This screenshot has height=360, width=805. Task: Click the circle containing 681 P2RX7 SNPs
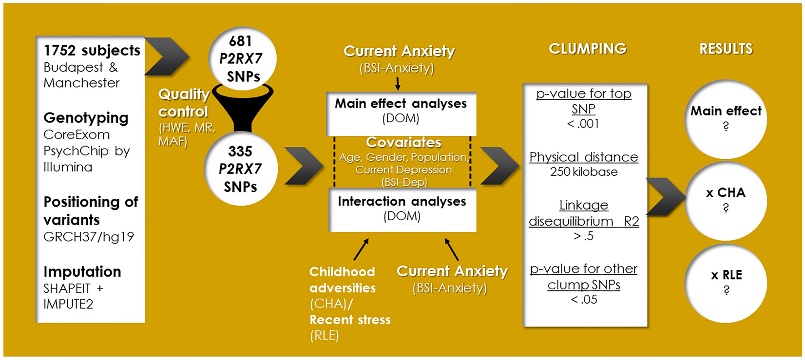242,59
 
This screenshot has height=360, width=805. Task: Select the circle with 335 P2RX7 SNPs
241,169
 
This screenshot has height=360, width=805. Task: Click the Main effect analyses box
401,111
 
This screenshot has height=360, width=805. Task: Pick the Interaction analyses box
402,209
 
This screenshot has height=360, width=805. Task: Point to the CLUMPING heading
587,49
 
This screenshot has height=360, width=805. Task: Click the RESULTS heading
726,49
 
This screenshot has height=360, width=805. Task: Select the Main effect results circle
726,118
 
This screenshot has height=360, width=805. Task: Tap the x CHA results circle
726,200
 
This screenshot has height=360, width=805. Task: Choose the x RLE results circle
726,283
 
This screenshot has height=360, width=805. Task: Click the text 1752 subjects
92,50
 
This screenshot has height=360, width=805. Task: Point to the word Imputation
82,271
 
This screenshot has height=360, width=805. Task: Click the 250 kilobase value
583,172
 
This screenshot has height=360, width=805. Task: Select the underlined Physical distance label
583,157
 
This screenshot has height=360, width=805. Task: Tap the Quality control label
184,103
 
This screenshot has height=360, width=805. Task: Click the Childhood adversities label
342,280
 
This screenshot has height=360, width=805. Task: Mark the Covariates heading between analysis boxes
403,142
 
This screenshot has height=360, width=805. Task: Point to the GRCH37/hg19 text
88,237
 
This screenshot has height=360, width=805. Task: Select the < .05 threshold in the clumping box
583,300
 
